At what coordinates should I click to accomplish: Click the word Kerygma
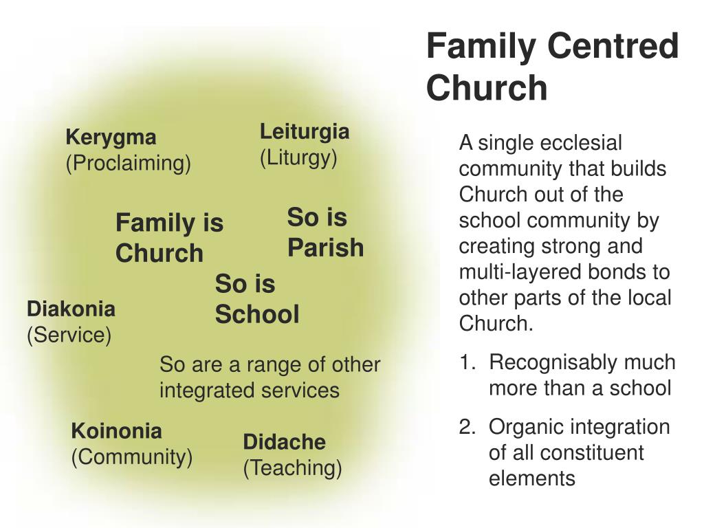pos(111,138)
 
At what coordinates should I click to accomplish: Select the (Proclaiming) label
pos(128,164)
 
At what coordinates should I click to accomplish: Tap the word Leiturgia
pos(305,132)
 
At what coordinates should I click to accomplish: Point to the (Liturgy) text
pos(298,158)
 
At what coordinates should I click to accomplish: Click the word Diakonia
pos(71,309)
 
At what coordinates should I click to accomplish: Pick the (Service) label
pos(69,335)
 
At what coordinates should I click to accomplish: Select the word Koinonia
pos(116,432)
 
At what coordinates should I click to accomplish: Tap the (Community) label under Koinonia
pos(132,457)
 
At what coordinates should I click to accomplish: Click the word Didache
pos(284,442)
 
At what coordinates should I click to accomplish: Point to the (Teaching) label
pos(292,468)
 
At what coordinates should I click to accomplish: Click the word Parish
pos(325,247)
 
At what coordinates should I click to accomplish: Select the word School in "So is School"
pos(257,315)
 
